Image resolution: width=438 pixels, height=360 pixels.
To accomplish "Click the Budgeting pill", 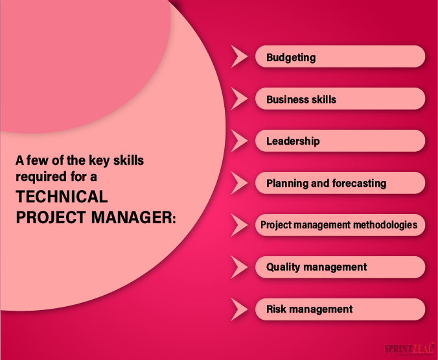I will [x=341, y=57].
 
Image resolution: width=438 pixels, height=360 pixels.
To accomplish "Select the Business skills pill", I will [x=341, y=99].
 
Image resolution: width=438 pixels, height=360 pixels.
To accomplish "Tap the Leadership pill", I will [x=341, y=141].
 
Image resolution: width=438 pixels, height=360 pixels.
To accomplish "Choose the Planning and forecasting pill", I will [x=341, y=183].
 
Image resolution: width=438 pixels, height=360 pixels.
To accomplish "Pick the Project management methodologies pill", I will [x=341, y=225].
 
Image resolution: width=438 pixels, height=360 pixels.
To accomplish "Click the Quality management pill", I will [x=341, y=267].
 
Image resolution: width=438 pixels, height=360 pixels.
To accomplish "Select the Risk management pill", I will [x=341, y=309].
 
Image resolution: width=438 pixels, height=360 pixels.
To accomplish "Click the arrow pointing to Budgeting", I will [x=239, y=57].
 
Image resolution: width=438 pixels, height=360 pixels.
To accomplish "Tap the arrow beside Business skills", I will [x=239, y=99].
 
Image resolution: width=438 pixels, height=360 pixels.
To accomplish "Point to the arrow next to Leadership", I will [x=239, y=141].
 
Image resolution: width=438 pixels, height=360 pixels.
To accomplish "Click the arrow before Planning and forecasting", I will [x=239, y=183].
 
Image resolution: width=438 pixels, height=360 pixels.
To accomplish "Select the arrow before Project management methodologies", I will [x=239, y=225].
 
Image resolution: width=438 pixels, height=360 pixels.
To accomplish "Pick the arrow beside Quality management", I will [x=239, y=267].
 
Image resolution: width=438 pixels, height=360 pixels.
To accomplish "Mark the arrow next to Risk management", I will [x=239, y=309].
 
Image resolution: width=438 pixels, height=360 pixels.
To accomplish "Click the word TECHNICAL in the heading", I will [x=62, y=197].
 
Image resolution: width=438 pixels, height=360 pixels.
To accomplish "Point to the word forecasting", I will [x=359, y=183].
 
